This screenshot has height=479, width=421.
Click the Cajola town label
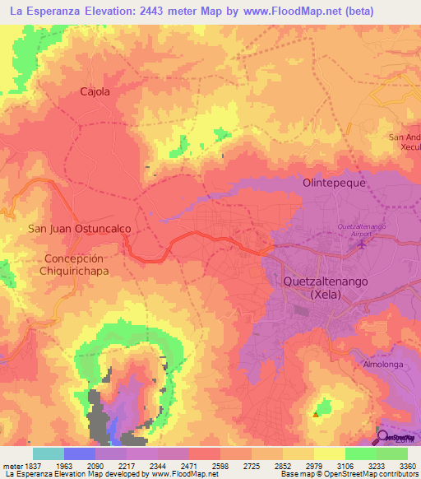tap(95, 92)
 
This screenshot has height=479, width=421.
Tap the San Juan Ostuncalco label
tap(68, 229)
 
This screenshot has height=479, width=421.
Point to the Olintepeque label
tap(334, 184)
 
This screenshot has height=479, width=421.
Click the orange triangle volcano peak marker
tap(315, 415)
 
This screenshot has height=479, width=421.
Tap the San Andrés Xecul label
tap(405, 142)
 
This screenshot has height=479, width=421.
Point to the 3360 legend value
tap(407, 466)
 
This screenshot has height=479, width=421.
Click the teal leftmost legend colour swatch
tap(49, 453)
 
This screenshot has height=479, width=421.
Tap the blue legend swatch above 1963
tap(80, 453)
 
